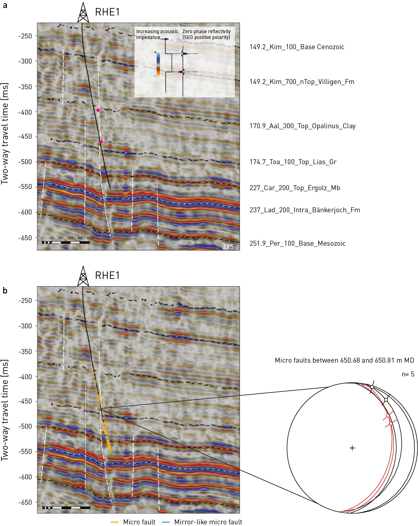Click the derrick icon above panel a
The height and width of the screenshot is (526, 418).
coord(83,13)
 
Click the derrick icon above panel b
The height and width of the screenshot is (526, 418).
coord(83,276)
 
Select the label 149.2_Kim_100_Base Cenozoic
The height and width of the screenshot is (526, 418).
coord(297,47)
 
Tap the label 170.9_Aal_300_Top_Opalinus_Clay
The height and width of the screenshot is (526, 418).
coord(302,126)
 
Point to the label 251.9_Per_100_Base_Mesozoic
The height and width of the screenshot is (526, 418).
coord(297,244)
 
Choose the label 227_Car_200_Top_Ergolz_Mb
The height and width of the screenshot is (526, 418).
coord(295,188)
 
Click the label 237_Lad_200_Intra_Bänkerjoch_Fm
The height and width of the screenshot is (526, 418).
coord(304,210)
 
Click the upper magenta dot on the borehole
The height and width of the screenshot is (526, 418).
coord(98,110)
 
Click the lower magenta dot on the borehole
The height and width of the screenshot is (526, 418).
coord(101,142)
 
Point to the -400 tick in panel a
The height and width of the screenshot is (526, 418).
coord(25,112)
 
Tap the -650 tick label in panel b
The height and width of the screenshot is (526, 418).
coord(25,502)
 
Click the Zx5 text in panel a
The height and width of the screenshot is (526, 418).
coord(228,247)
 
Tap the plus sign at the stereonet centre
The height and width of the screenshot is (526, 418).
coord(352,448)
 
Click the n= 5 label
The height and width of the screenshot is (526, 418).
coord(408,374)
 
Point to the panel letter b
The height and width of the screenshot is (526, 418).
coord(5,291)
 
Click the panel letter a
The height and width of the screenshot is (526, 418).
coord(5,5)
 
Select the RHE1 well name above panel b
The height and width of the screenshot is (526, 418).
coord(107,276)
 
